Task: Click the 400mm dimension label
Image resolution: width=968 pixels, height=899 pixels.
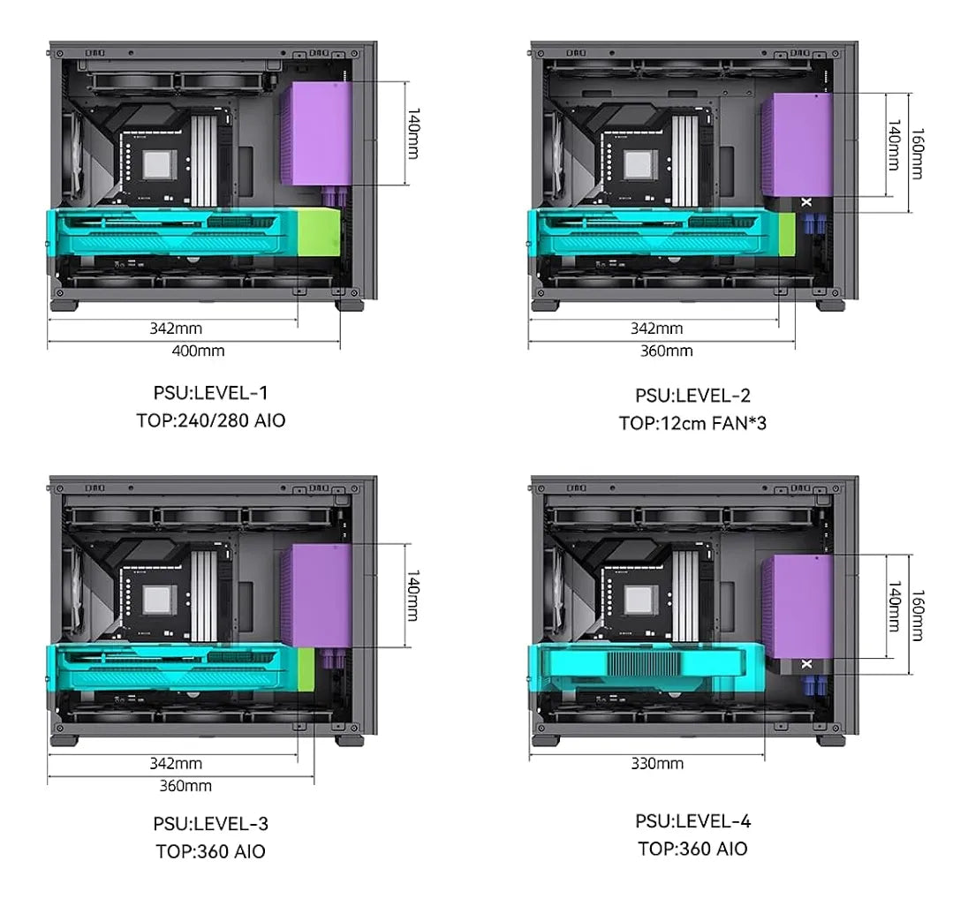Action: click(198, 351)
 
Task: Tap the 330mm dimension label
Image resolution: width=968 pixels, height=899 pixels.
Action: click(657, 763)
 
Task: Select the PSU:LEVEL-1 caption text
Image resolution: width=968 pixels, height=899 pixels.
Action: click(210, 393)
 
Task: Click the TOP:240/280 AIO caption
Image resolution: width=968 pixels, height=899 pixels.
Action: click(210, 420)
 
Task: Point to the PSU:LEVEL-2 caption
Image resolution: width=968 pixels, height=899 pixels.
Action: click(692, 395)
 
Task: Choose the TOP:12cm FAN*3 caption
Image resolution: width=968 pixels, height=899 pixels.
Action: click(692, 423)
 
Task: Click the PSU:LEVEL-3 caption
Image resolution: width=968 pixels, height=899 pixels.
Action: click(210, 824)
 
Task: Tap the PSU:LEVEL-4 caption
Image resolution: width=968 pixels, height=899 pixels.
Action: click(692, 821)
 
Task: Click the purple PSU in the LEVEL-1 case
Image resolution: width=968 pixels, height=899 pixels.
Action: click(316, 133)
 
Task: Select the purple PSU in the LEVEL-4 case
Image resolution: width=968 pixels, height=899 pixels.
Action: click(797, 607)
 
